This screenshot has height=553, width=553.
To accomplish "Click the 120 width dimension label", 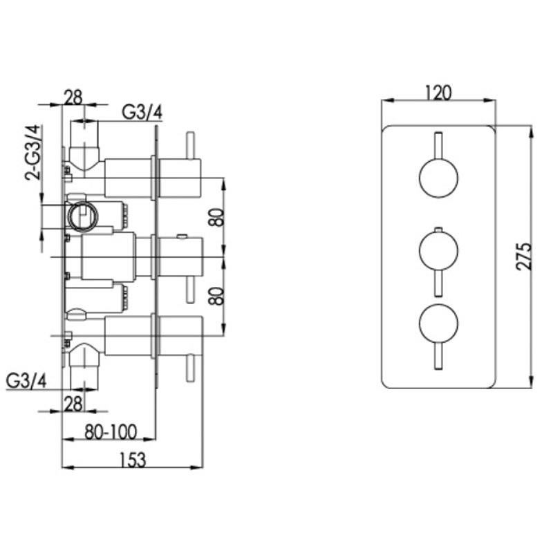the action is [438, 93].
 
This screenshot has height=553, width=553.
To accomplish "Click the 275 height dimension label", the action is [524, 256].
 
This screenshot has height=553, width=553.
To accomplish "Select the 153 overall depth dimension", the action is [133, 460].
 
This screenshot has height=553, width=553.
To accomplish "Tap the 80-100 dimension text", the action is [111, 431].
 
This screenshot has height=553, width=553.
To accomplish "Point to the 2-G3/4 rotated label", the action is [32, 152].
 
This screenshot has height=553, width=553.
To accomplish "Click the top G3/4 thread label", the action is [142, 113].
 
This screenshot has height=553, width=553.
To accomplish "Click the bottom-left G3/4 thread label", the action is [26, 381].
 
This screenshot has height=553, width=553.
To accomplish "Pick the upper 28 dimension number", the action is [73, 97].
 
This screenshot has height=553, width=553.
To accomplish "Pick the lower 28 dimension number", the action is [73, 404].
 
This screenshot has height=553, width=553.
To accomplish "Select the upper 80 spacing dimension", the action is [216, 218].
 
